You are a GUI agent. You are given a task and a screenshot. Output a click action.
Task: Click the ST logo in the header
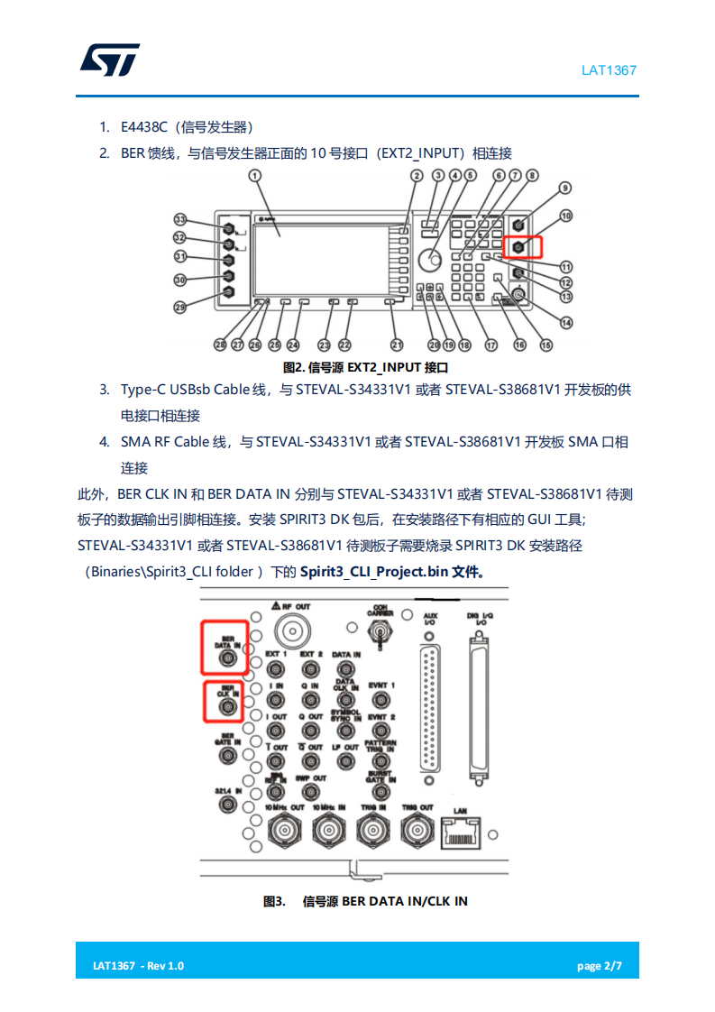110,60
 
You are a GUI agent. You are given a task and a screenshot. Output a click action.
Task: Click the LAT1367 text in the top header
609,69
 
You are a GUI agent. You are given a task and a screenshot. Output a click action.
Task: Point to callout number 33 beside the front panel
179,220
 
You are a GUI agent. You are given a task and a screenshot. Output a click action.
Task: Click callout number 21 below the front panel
398,345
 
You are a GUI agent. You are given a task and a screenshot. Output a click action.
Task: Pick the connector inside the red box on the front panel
518,245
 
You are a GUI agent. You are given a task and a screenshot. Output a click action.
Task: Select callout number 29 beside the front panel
179,308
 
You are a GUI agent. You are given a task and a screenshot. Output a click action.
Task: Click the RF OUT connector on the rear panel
290,629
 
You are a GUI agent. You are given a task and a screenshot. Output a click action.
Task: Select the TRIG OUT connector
416,828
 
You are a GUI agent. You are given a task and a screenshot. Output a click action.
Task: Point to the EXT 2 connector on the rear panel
309,668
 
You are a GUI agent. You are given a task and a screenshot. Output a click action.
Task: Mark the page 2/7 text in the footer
600,966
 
